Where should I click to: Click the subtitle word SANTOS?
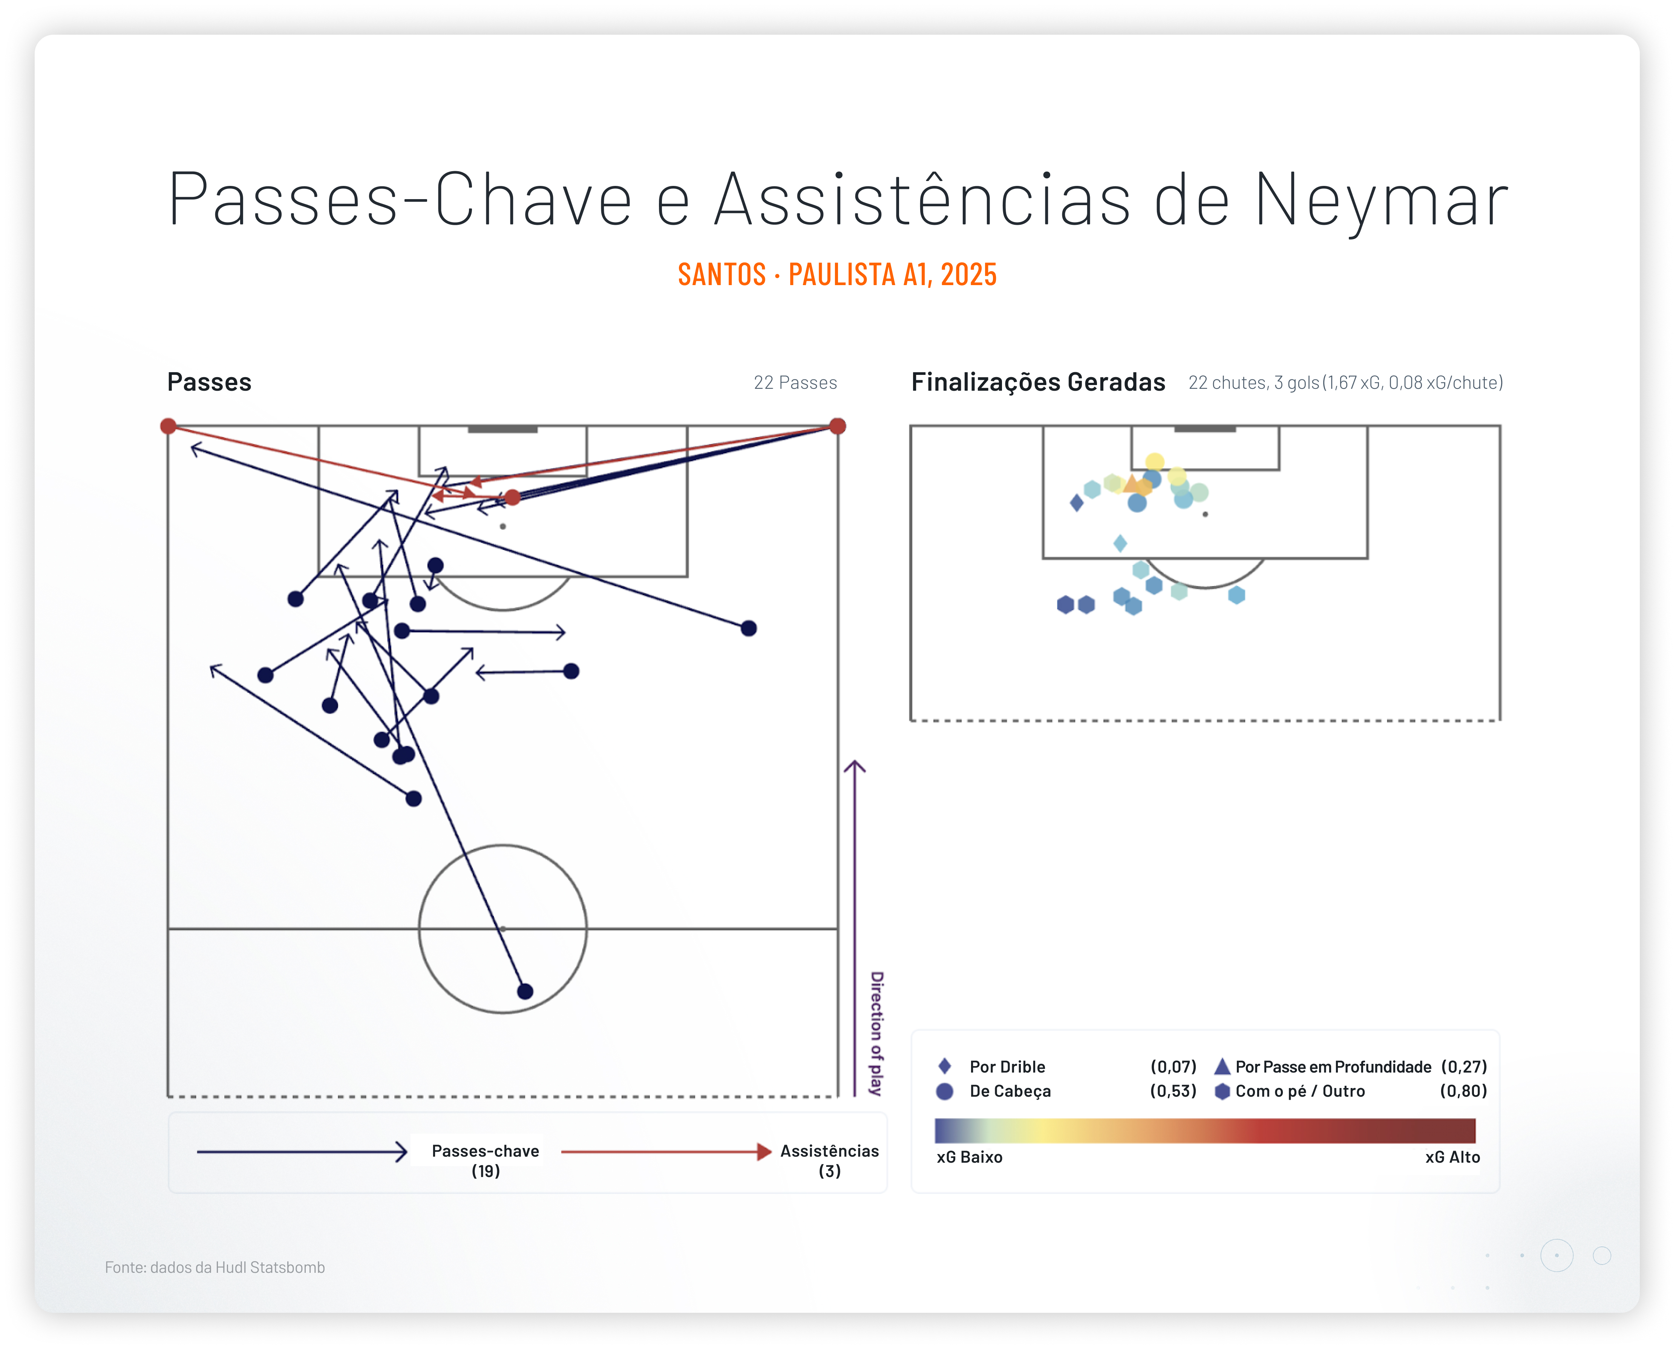[722, 275]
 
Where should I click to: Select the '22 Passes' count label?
[795, 382]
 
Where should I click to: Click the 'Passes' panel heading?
[209, 382]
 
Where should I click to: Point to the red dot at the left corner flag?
[168, 426]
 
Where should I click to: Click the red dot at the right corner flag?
[837, 426]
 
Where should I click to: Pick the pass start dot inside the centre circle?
[525, 991]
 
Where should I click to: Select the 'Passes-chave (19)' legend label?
[485, 1161]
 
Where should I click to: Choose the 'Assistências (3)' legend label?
[829, 1161]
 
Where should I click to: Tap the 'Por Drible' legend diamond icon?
[945, 1066]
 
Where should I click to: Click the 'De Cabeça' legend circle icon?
[945, 1091]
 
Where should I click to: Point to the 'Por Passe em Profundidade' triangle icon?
[1222, 1066]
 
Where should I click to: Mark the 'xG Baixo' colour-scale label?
[970, 1157]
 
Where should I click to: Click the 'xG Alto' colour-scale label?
[1452, 1157]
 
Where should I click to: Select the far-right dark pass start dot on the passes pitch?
[749, 628]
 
